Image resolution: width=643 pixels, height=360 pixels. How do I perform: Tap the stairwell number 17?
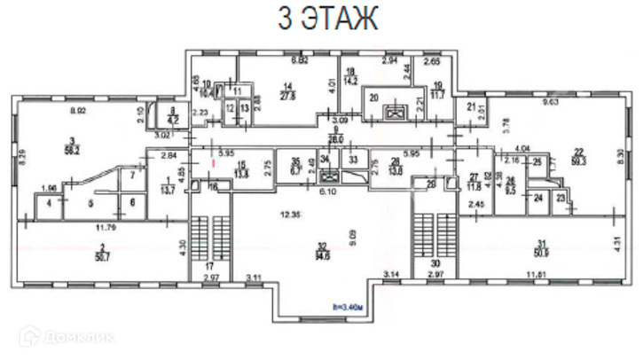coord(210,266)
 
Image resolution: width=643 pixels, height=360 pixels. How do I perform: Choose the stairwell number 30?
coord(435,264)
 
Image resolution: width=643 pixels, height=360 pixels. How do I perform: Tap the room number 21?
coord(470,106)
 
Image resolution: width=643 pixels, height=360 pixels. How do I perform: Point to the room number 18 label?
coord(350,71)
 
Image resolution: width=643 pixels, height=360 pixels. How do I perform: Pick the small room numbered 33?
coord(352,160)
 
